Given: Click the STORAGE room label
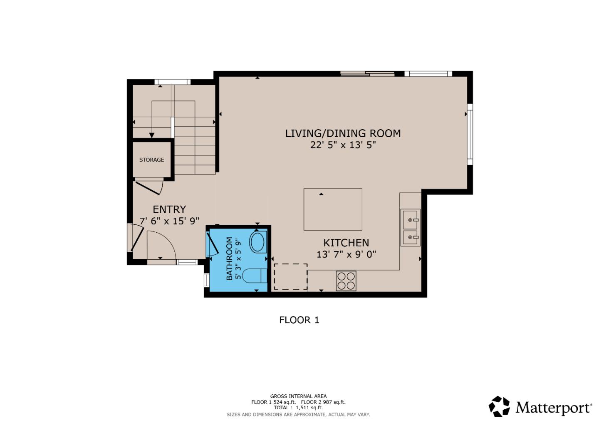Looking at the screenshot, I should point(151,160).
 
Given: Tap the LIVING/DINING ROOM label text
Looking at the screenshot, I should point(343,133).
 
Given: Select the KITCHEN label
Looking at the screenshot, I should point(346,243).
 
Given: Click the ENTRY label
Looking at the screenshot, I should point(169,209).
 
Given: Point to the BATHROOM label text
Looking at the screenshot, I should point(229,258).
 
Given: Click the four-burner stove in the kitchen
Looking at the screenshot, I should point(346,280).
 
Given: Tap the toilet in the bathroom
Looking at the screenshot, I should point(254,275).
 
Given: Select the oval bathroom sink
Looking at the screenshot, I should point(258,242).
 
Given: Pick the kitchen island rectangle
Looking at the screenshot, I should point(332,209).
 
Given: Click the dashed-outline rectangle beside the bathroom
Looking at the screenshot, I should point(290,276).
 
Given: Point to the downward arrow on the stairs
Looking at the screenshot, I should point(152,135).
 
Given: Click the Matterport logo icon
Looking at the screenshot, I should point(499,406).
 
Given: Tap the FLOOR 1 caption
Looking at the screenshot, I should point(299,320).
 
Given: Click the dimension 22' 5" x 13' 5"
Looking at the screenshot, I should point(343,145).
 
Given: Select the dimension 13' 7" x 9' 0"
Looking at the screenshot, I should point(346,254).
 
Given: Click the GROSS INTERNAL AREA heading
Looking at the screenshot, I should point(298,396).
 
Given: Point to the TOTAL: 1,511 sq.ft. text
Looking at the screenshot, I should point(298,408).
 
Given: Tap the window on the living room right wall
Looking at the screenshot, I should point(470,134).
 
